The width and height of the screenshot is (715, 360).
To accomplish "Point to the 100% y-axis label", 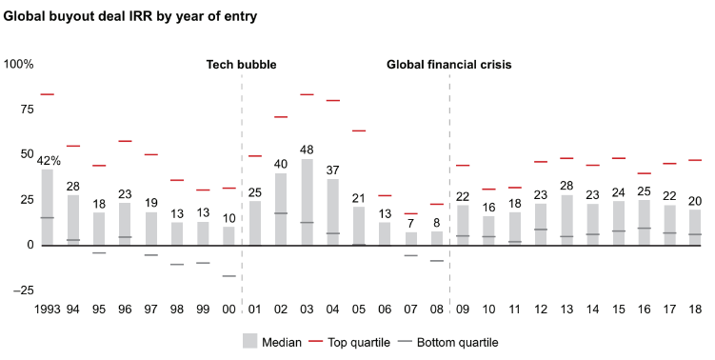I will pos(19,65).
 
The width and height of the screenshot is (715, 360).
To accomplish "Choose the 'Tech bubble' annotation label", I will pos(242,65).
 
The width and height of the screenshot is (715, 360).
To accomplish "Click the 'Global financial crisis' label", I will pos(448,65).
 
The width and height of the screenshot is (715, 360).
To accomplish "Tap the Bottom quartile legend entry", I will pos(454,341).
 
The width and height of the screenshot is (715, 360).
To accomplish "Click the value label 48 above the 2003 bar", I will pos(307,150).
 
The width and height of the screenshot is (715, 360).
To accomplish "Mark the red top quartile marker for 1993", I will pos(47,94).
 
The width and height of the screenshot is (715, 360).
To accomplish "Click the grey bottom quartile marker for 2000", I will pos(228,276).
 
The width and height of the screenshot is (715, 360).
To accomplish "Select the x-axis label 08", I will pos(436,310).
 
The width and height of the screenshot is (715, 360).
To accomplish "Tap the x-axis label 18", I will pos(695,310).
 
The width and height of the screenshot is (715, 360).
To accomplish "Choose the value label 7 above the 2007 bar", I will pos(410,223).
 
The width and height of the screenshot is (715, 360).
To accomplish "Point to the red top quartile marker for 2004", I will pos(332,100).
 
